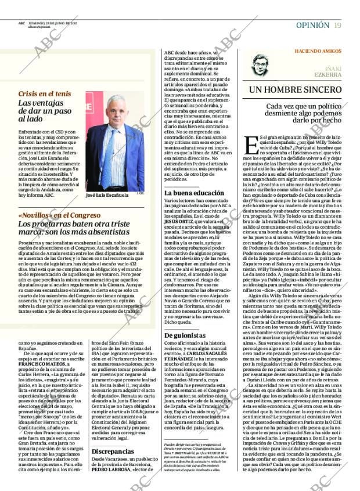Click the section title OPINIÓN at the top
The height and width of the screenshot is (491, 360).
tap(313, 24)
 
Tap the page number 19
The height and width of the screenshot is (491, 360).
tap(337, 24)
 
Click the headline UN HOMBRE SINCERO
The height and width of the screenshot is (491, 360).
tap(296, 90)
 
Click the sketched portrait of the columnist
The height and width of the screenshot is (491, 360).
tap(263, 66)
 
